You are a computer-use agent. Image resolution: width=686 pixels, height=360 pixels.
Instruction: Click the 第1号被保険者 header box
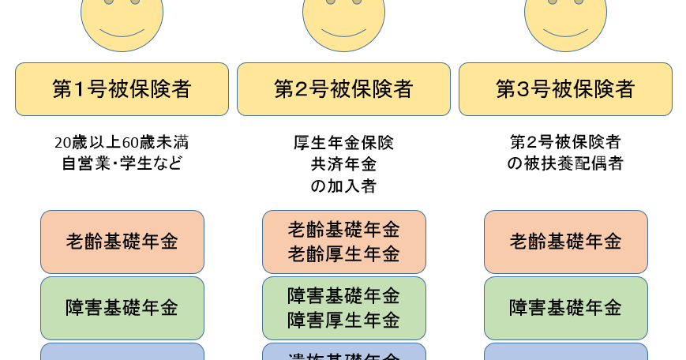pyautogui.click(x=122, y=89)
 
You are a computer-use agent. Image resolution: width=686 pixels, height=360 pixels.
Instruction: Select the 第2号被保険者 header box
pyautogui.click(x=343, y=89)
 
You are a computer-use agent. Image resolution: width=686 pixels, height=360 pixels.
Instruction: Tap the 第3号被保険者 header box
pyautogui.click(x=565, y=89)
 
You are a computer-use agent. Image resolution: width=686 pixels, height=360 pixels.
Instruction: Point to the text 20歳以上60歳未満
pyautogui.click(x=122, y=143)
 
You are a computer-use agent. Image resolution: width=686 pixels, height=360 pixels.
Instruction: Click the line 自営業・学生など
pyautogui.click(x=122, y=163)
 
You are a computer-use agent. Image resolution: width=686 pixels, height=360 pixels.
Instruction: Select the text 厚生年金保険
pyautogui.click(x=343, y=143)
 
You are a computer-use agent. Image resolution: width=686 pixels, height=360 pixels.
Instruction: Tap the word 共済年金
pyautogui.click(x=343, y=164)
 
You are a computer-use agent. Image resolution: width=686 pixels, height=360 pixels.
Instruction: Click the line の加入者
pyautogui.click(x=343, y=186)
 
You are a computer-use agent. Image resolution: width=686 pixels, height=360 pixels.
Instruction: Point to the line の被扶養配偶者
pyautogui.click(x=565, y=163)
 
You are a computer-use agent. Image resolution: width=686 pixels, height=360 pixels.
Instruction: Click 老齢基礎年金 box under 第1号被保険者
pyautogui.click(x=122, y=242)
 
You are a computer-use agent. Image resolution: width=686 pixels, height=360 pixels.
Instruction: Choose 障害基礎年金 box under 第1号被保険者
pyautogui.click(x=122, y=308)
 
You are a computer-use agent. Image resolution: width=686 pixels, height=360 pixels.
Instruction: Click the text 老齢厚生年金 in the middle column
pyautogui.click(x=343, y=253)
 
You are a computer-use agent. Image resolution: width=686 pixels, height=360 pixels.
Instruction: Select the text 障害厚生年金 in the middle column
pyautogui.click(x=343, y=320)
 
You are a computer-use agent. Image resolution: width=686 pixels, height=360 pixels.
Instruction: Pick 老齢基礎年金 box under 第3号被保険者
pyautogui.click(x=565, y=242)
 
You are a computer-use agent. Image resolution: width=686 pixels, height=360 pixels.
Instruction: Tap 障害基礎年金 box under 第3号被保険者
pyautogui.click(x=565, y=308)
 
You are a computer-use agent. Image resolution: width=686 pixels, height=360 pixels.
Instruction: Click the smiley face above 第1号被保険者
pyautogui.click(x=122, y=20)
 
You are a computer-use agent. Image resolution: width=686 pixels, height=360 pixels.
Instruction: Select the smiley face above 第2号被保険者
pyautogui.click(x=343, y=20)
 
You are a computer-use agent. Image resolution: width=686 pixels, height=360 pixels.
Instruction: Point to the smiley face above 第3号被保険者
pyautogui.click(x=565, y=20)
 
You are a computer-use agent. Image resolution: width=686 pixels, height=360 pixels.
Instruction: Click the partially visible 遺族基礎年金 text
pyautogui.click(x=343, y=354)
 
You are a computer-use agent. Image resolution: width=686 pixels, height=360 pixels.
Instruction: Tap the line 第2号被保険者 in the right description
pyautogui.click(x=565, y=143)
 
